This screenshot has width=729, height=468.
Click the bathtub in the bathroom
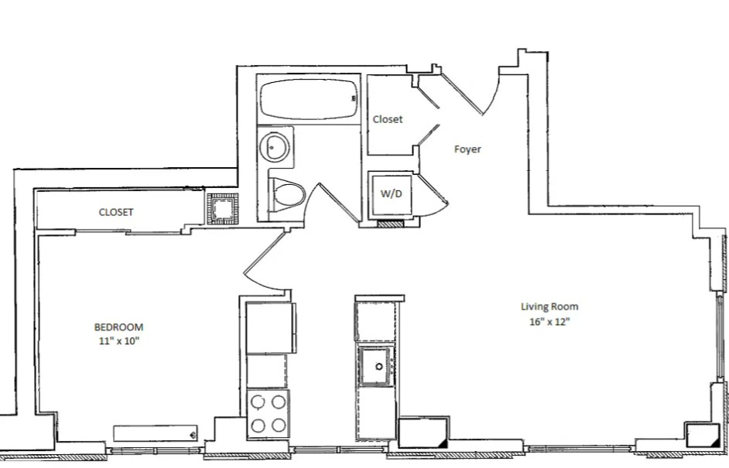tap(309, 100)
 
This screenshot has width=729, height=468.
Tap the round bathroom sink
tap(274, 147)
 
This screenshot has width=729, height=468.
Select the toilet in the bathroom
tap(286, 194)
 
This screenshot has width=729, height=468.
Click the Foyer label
tap(467, 149)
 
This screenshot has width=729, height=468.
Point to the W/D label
tap(391, 194)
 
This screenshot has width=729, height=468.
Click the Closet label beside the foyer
tap(388, 119)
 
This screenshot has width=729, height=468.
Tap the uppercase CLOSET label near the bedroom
tap(116, 213)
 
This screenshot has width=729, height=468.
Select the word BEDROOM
tap(118, 327)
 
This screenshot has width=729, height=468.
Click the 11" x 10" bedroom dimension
tap(119, 341)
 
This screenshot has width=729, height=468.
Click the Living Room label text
tap(549, 307)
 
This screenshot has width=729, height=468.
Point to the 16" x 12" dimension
tap(549, 322)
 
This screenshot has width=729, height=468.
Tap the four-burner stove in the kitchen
tap(269, 414)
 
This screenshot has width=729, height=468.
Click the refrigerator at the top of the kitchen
tap(271, 328)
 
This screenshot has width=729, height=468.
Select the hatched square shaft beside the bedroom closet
tap(223, 210)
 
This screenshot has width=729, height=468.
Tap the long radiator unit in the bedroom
tap(156, 432)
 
